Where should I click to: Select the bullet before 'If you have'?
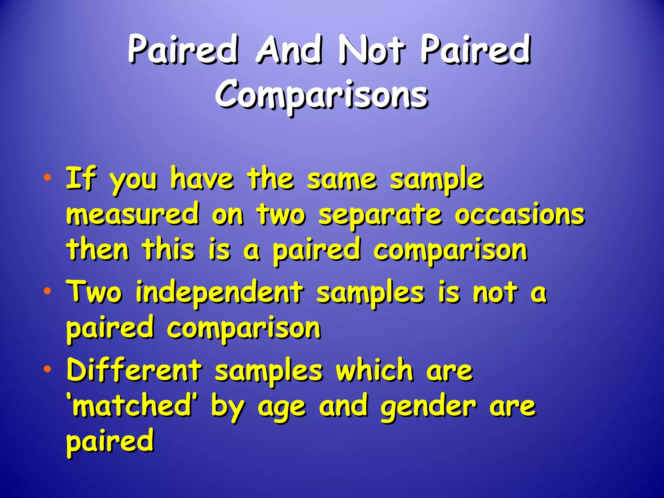[x=47, y=177]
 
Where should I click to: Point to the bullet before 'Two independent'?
[x=47, y=290]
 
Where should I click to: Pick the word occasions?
[x=519, y=215]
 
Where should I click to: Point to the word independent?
[x=219, y=293]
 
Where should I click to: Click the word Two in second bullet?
[x=94, y=291]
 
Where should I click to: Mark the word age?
[x=281, y=409]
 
